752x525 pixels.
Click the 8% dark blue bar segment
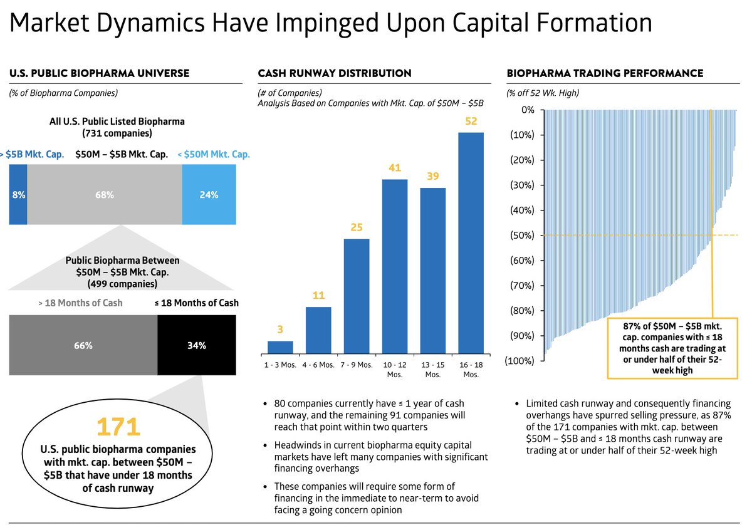click(18, 195)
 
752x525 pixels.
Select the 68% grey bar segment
click(105, 195)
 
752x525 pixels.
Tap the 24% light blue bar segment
click(209, 195)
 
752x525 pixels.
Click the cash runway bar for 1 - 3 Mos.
click(280, 347)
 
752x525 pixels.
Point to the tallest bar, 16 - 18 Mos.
click(471, 243)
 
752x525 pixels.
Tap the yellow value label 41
click(394, 168)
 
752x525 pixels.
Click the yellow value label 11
click(318, 295)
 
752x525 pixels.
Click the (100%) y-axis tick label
click(520, 361)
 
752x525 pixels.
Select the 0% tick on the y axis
click(528, 110)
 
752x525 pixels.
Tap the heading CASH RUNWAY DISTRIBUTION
click(335, 73)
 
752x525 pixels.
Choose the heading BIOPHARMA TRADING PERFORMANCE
click(605, 73)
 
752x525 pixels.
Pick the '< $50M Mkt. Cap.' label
click(213, 153)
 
